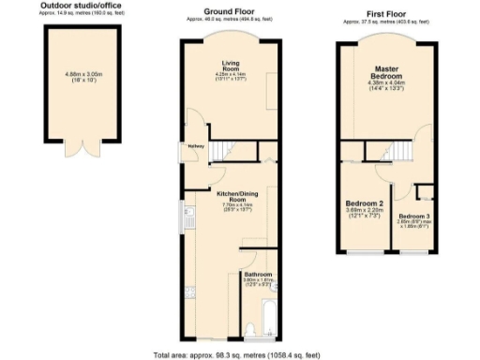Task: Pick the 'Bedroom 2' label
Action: [x=365, y=203]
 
